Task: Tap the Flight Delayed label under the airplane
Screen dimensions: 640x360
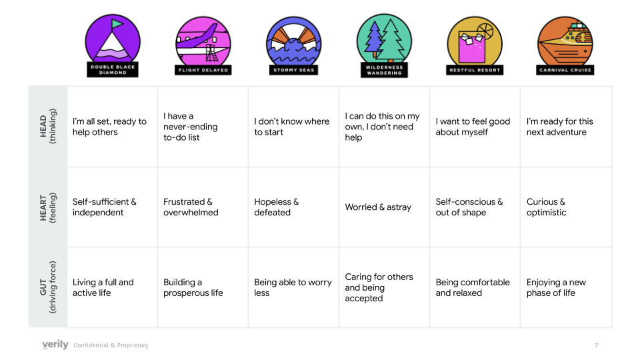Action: pos(203,69)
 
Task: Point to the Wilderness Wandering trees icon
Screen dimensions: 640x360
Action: pos(384,40)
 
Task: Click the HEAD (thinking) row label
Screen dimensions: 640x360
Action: pos(48,126)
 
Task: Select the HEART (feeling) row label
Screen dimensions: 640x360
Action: pos(48,207)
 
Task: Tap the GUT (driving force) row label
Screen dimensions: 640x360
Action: pos(48,287)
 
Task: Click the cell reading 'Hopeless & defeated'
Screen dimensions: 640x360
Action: pos(277,207)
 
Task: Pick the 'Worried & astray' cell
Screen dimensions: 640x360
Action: pos(378,207)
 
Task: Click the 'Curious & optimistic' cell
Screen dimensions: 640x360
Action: pos(546,207)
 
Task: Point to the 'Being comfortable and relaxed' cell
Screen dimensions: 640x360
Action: pos(472,287)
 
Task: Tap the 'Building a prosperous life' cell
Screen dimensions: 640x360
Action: pos(193,287)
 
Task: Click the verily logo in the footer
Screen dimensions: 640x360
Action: pos(55,345)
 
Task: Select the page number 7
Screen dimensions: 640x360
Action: pos(596,345)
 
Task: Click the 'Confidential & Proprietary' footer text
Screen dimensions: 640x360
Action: pos(111,345)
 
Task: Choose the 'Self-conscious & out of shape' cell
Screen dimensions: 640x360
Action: pos(469,207)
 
